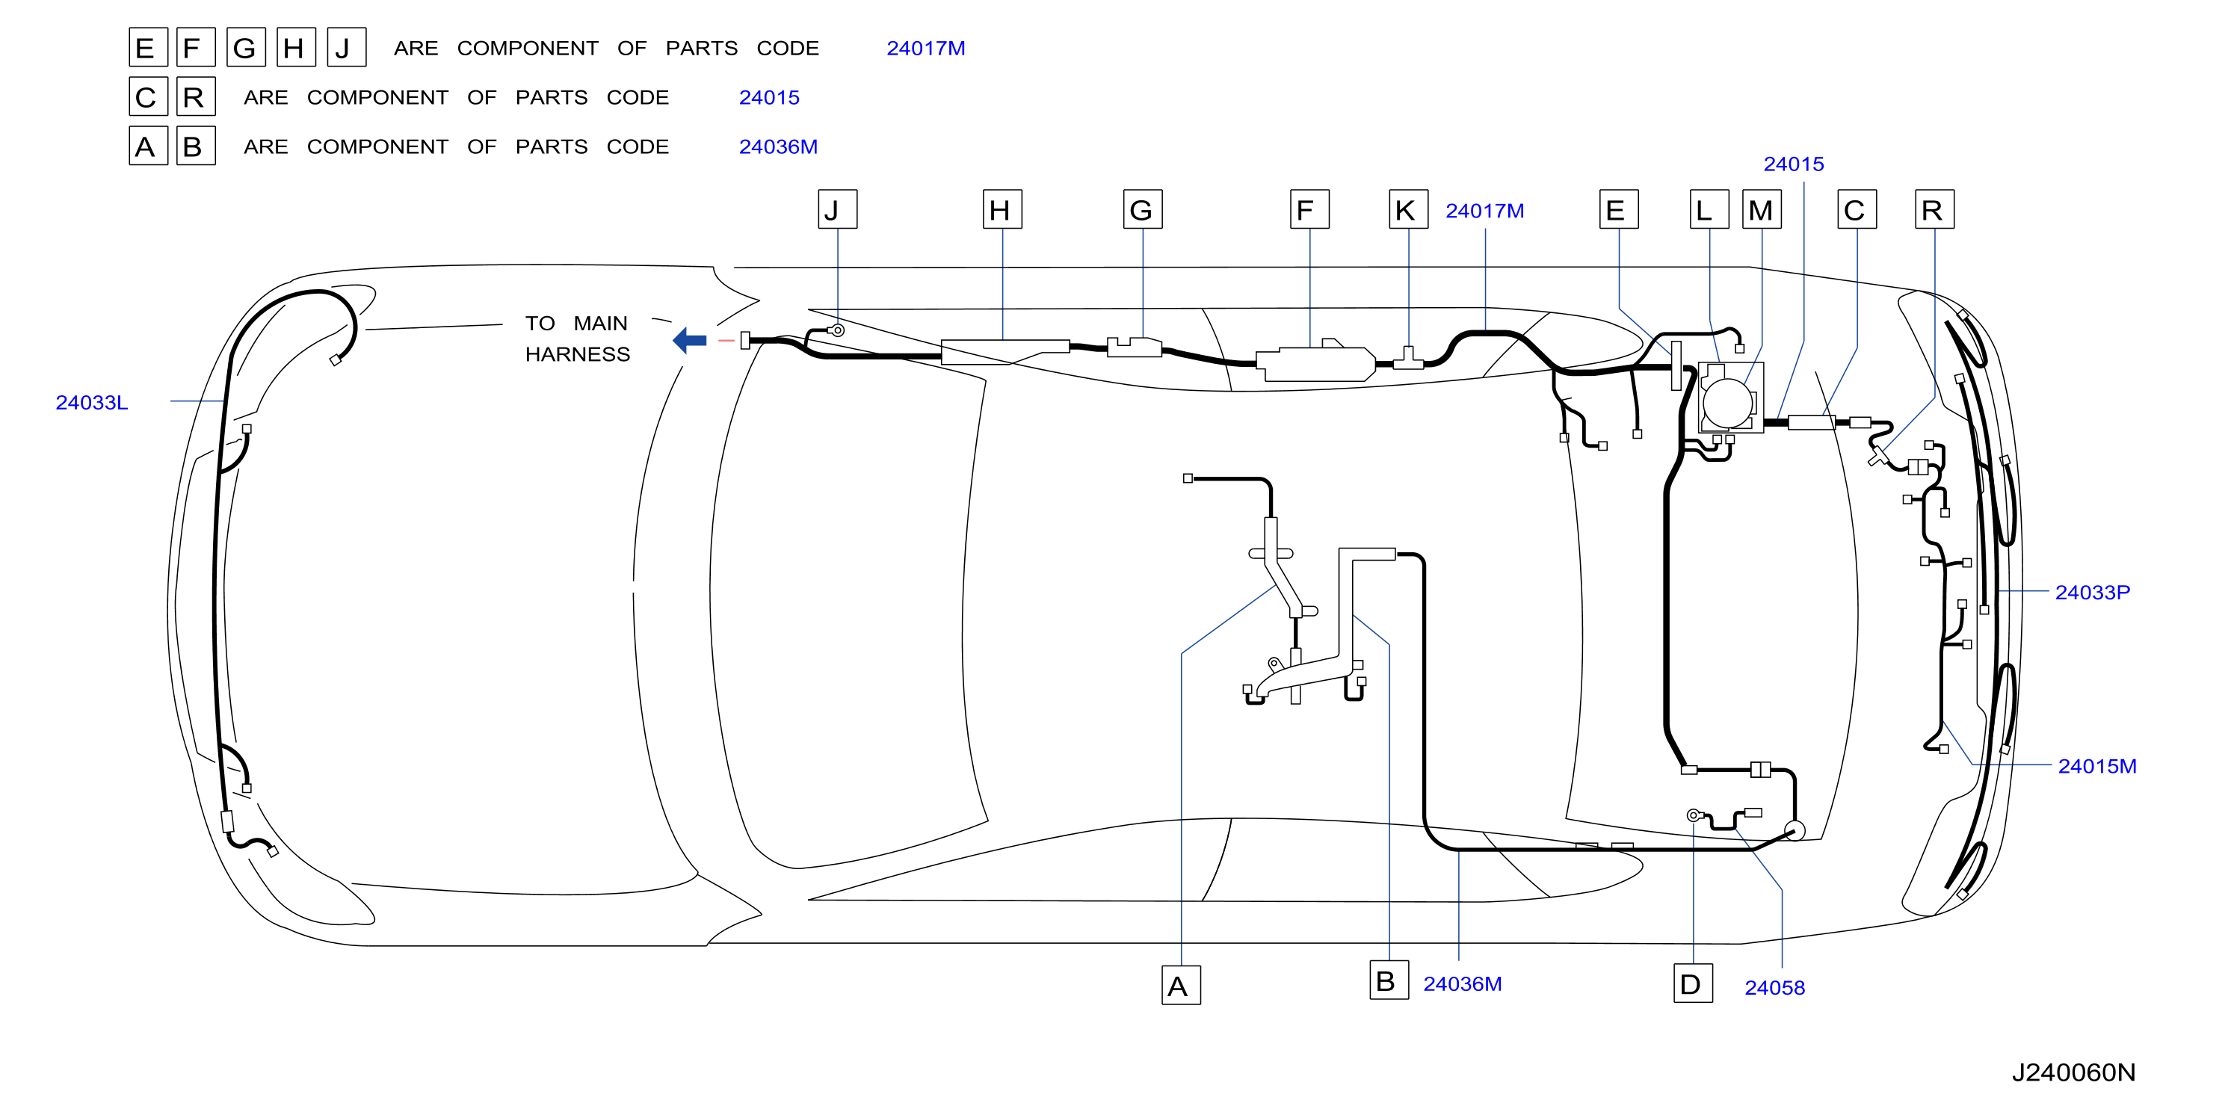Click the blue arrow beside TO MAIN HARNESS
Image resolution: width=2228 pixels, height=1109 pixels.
point(689,340)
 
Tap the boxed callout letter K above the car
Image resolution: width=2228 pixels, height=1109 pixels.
point(1408,209)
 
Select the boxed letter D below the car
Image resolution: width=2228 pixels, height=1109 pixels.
point(1693,983)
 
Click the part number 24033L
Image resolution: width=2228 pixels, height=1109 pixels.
point(92,402)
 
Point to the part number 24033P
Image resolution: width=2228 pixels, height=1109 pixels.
point(2092,593)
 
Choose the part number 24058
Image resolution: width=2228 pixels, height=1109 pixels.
point(1775,988)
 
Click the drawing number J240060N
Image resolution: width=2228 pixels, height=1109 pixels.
point(2073,1072)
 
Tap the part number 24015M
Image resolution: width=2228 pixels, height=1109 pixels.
point(2097,767)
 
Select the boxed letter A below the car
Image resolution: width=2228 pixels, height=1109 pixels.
point(1181,985)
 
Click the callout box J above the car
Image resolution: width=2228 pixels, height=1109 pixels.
point(837,209)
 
